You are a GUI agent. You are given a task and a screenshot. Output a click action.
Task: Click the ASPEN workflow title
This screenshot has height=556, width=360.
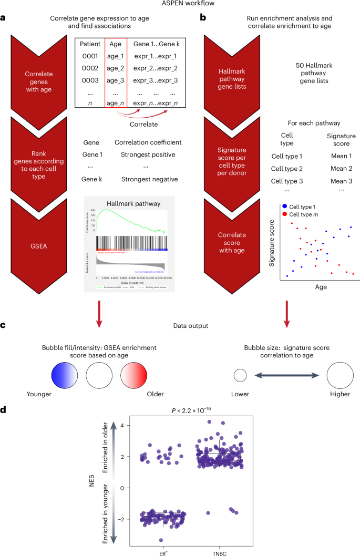[x=180, y=4]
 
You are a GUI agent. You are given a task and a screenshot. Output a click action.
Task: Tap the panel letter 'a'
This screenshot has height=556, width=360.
[x=4, y=18]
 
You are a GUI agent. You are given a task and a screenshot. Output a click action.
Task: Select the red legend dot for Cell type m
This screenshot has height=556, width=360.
[x=284, y=214]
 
